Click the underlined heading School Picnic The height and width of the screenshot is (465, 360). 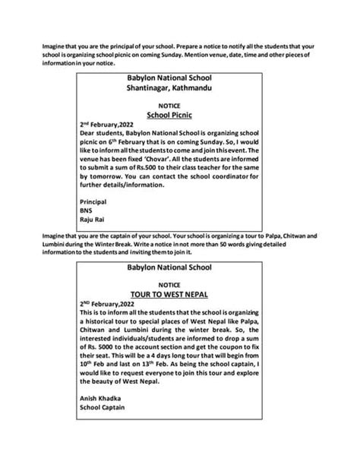[179, 115]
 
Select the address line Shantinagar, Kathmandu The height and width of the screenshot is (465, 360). [179, 88]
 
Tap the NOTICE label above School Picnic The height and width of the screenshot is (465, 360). [179, 106]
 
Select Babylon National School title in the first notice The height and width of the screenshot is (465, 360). [179, 79]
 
